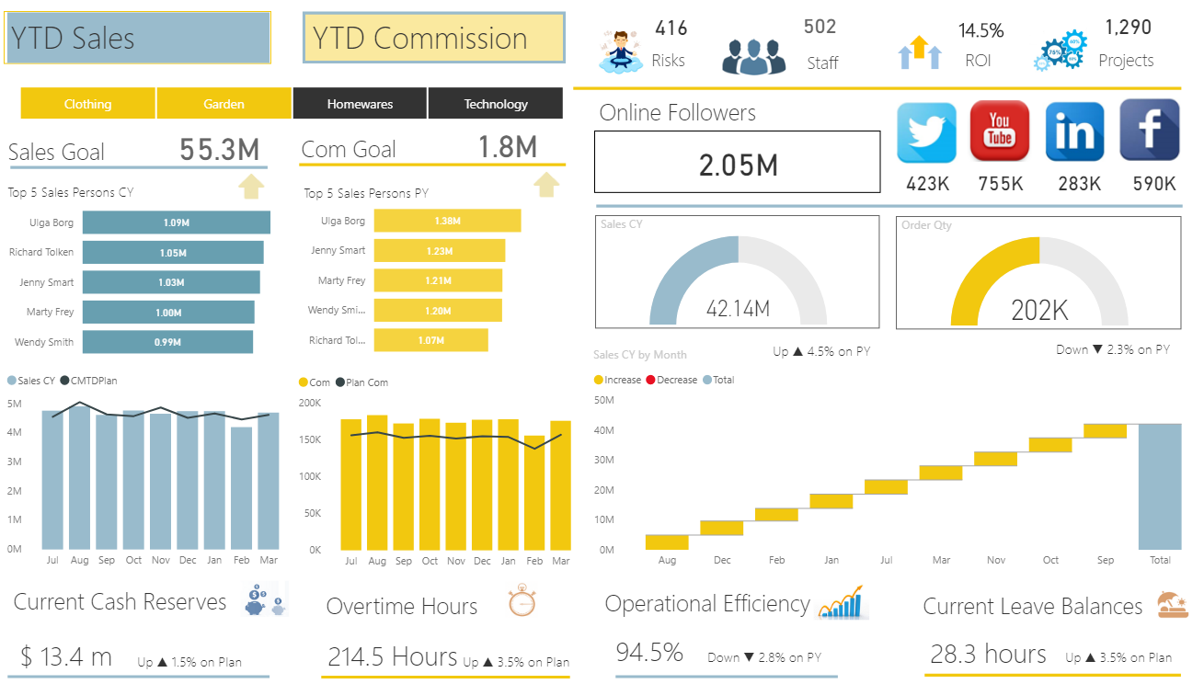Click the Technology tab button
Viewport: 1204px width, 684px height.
tap(495, 104)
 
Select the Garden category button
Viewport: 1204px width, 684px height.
tap(224, 104)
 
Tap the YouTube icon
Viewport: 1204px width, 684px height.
tap(1000, 131)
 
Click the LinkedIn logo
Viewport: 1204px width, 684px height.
tap(1074, 131)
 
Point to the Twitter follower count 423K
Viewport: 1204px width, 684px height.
tap(927, 184)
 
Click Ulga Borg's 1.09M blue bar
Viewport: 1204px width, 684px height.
tap(176, 222)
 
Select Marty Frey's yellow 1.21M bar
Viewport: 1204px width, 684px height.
tap(438, 280)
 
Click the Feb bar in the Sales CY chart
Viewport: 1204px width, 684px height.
tap(241, 487)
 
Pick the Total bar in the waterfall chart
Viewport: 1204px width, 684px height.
tap(1160, 486)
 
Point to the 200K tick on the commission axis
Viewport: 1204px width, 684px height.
tap(310, 403)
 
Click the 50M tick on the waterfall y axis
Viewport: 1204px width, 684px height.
tap(604, 400)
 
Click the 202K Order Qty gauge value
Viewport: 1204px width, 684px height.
tap(1039, 311)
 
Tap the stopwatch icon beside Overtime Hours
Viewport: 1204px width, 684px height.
tap(522, 600)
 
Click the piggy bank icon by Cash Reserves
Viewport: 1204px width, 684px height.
tap(265, 601)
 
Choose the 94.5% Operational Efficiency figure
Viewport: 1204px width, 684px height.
tap(649, 653)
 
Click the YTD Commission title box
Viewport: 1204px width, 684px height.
tap(433, 39)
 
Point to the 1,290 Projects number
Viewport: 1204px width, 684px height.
tap(1128, 28)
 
